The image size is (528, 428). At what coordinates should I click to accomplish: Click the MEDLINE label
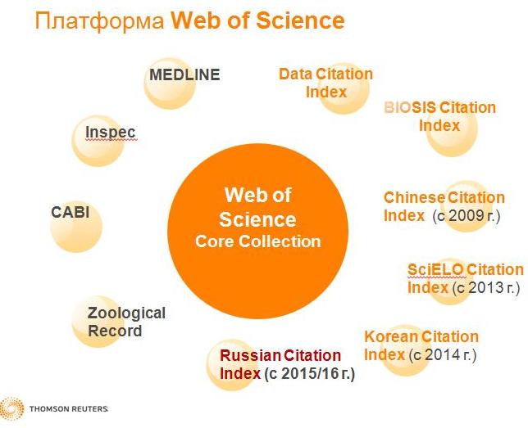coord(184,74)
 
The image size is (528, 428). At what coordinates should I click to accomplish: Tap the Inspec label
coord(110,132)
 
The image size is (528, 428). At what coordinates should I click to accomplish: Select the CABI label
coord(70,212)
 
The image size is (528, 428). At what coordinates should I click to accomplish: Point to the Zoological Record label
coord(126,322)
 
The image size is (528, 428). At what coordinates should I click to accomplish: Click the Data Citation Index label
coord(326,83)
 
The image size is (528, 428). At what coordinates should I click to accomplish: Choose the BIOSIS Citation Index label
coord(439,117)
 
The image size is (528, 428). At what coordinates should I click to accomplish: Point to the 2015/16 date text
coord(310,373)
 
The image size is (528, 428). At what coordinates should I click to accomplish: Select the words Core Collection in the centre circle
coord(258,241)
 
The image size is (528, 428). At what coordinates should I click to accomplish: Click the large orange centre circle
coord(258,232)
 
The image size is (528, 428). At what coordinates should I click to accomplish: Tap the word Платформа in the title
coord(99,20)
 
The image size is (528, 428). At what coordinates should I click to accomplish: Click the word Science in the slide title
coord(300,20)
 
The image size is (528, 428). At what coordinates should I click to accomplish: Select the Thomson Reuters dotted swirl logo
coord(11,408)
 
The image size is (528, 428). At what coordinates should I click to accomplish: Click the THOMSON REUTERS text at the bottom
coord(69,409)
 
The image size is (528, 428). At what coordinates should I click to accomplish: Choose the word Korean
coord(391,336)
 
